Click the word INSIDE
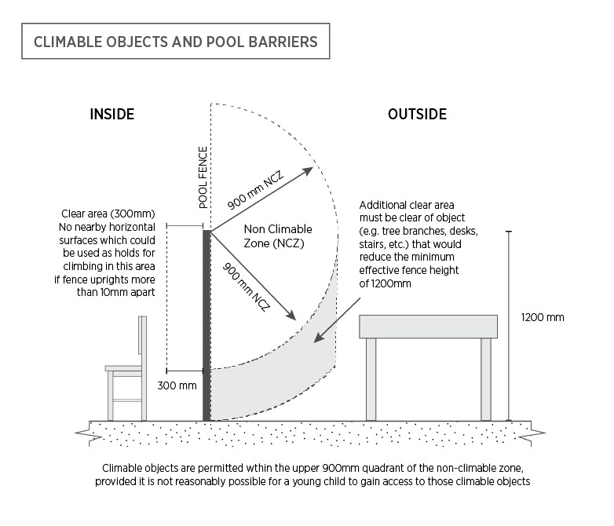[112, 114]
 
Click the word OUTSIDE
[418, 114]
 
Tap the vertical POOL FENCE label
[203, 177]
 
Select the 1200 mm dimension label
[543, 317]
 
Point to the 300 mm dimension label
[177, 385]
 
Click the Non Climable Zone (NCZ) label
[278, 236]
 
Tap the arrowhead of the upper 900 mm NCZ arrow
[308, 170]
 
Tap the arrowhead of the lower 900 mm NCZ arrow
[291, 316]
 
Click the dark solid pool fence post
[206, 326]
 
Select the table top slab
[429, 327]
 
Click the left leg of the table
[371, 379]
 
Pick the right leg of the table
[486, 379]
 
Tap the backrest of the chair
[143, 335]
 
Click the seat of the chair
[123, 368]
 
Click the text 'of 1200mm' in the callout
[385, 283]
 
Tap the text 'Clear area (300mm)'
[108, 214]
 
